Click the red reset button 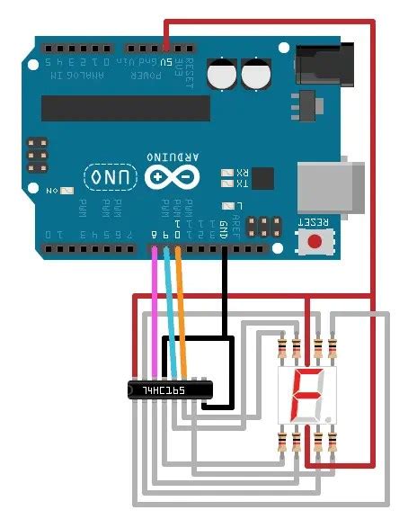tap(315, 240)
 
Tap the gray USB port tap(333, 187)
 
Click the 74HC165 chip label tap(167, 390)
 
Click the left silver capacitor tap(222, 74)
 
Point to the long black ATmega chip tap(125, 108)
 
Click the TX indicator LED tap(227, 184)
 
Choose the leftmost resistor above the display tap(285, 348)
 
